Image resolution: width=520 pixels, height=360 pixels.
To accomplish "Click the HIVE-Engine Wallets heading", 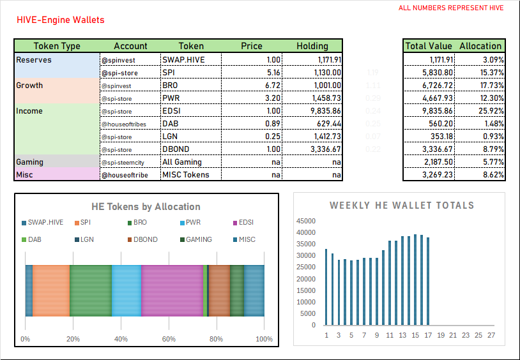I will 60,20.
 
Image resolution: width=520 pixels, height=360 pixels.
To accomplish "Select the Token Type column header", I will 57,46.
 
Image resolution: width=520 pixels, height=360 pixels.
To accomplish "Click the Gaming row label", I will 29,161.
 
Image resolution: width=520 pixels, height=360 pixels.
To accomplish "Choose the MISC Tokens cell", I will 186,174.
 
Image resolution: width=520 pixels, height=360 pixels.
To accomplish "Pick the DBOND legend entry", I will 141,239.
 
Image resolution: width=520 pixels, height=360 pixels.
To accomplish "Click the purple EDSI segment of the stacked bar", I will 172,290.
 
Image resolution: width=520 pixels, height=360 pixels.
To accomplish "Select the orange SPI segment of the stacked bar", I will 51,290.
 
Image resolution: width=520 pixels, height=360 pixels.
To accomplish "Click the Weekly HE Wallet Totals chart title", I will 402,206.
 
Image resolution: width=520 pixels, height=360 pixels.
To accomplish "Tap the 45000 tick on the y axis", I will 305,220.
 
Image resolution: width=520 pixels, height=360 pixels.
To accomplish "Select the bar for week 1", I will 326,287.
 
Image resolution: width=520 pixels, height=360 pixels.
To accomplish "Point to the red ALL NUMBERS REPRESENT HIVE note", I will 451,8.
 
